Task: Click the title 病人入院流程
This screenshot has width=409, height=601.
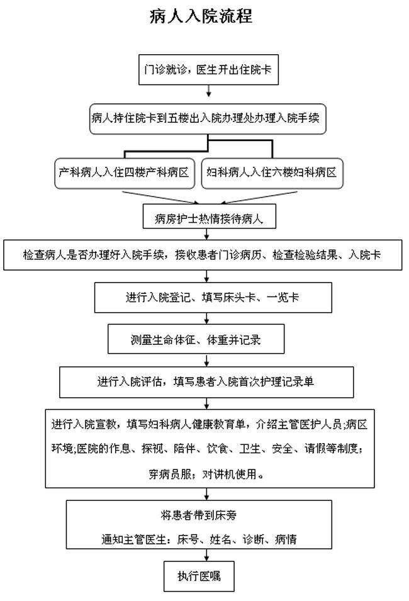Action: (x=201, y=16)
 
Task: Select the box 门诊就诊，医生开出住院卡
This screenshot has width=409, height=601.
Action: (x=208, y=70)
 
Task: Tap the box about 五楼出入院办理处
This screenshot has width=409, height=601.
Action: (x=208, y=119)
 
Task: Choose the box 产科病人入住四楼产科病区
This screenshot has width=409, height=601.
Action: (x=125, y=173)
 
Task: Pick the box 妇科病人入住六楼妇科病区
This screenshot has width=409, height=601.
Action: (x=272, y=173)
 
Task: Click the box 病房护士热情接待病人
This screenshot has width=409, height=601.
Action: (x=210, y=216)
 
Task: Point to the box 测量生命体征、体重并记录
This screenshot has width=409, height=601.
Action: (x=196, y=339)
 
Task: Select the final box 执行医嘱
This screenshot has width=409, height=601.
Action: (x=199, y=576)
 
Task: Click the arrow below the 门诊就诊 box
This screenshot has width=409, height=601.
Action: (x=208, y=91)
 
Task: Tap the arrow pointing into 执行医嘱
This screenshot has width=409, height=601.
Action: (x=207, y=555)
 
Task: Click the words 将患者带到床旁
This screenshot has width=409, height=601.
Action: (x=199, y=515)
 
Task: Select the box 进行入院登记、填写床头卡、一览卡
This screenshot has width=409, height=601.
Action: (x=213, y=298)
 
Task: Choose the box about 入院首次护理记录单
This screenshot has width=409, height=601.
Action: (x=206, y=382)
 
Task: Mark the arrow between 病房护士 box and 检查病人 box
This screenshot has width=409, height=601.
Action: (x=207, y=234)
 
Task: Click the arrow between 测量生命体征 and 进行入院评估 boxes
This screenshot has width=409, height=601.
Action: (x=207, y=361)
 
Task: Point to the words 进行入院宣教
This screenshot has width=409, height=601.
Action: (x=84, y=424)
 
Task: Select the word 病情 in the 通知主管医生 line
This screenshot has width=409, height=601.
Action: (x=286, y=540)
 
